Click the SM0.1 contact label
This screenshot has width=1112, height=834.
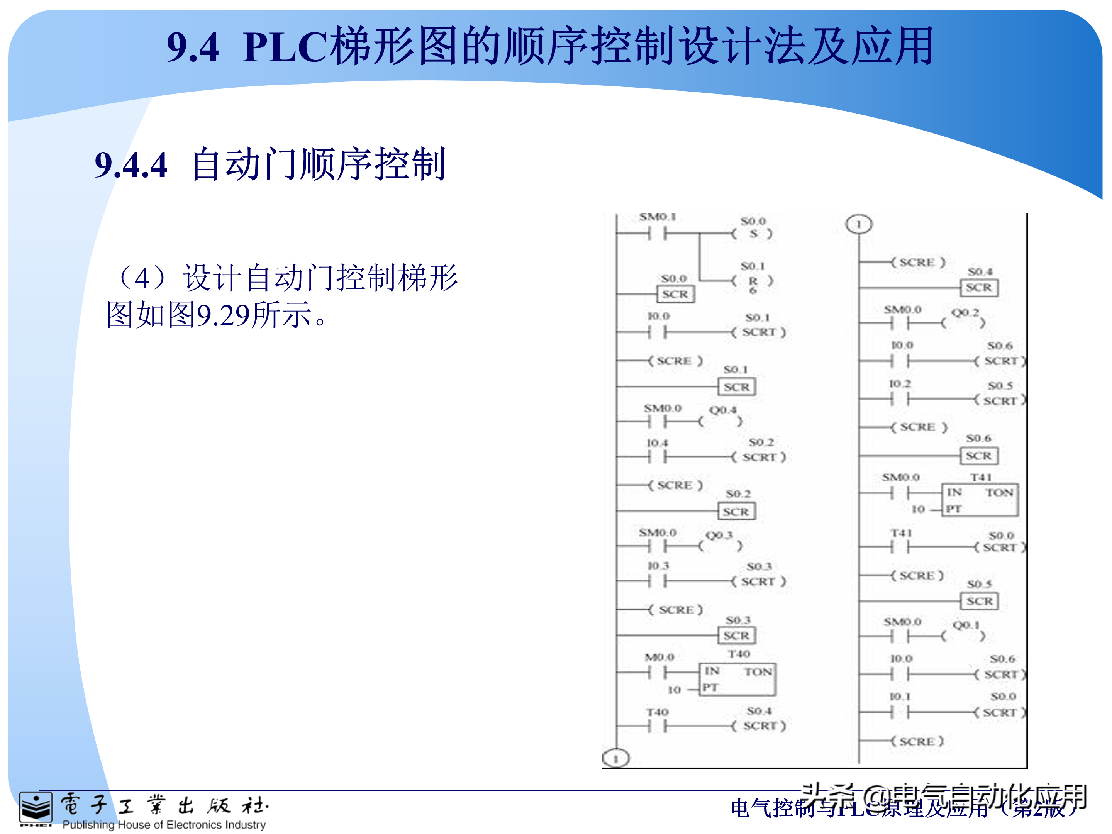coord(658,217)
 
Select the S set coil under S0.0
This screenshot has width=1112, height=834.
coord(753,234)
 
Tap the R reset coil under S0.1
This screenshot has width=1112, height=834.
coord(753,281)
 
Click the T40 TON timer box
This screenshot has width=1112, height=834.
coord(737,679)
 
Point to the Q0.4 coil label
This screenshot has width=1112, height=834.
coord(722,410)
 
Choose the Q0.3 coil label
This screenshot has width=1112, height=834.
coord(719,535)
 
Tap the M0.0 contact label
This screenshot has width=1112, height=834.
coord(659,657)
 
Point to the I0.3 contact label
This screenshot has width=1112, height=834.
coord(658,566)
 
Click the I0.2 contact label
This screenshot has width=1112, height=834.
coord(900,383)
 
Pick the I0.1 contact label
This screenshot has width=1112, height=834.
coord(900,696)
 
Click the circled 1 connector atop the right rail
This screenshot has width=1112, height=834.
coord(859,224)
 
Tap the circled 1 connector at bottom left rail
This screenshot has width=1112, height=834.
coord(616,758)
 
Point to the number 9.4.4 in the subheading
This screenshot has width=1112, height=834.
coord(131,165)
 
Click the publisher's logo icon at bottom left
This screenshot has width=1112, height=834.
coord(35,809)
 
